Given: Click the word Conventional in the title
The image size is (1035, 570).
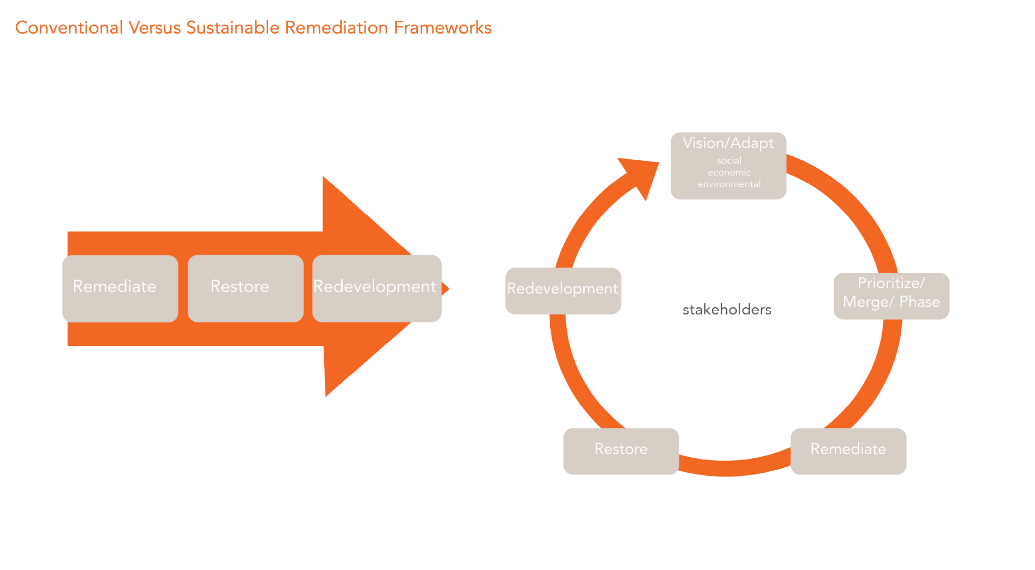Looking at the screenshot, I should point(69,28).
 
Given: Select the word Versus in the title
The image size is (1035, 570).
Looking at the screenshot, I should point(154,28).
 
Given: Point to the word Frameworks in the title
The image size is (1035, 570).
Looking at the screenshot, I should point(442,28).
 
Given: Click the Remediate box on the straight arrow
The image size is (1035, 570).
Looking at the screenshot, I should point(120,288).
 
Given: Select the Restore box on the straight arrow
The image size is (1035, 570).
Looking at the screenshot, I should point(246,288).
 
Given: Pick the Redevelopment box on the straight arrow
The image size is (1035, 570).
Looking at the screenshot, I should point(376,288).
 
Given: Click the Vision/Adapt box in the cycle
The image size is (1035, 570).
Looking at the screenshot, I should point(728,166).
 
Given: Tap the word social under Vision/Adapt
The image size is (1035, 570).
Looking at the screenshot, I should point(729,161).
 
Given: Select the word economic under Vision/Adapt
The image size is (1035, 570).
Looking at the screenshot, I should point(729,172).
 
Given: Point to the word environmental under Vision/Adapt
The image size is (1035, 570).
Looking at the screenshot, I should point(729,184).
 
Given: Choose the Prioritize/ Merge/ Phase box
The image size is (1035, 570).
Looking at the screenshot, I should point(891,296).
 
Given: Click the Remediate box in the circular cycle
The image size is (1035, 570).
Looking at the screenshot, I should point(848,451).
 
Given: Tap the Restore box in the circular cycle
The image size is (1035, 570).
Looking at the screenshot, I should point(621,451).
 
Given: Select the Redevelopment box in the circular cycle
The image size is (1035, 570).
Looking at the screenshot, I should point(563,291).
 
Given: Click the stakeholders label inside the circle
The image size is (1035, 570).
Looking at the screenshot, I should point(727,310).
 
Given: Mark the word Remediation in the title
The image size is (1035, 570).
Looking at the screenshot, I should point(336,28).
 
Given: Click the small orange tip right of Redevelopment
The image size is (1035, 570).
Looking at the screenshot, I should point(445,289).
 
